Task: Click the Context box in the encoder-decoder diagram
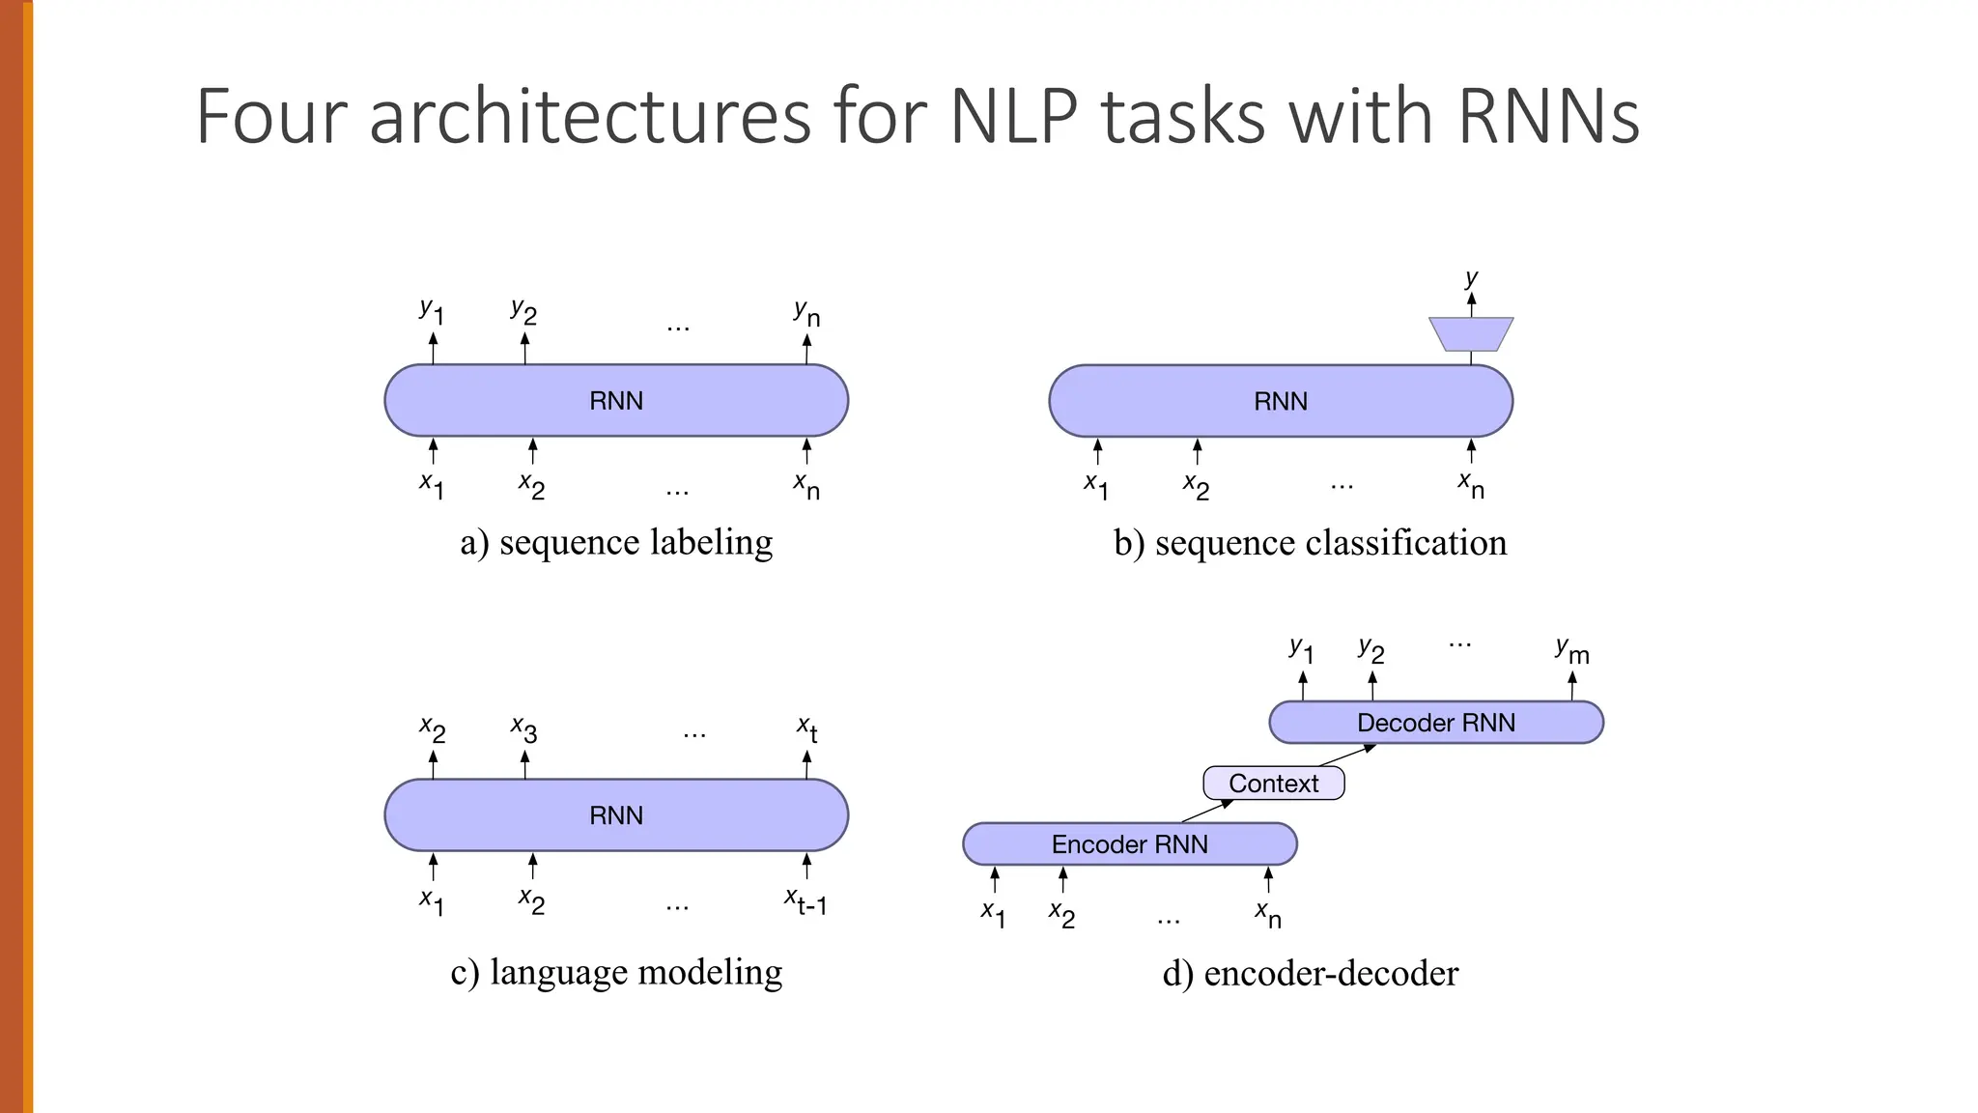[x=1273, y=783]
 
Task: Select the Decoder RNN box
[x=1435, y=723]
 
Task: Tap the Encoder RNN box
[x=1129, y=844]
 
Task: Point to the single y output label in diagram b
[x=1471, y=278]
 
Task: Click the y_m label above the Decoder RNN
[x=1571, y=651]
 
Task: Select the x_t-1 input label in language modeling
[x=805, y=901]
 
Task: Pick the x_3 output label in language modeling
[x=523, y=729]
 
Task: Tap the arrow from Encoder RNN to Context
[x=1207, y=811]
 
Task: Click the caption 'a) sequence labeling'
[x=616, y=543]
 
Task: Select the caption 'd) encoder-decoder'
[x=1310, y=973]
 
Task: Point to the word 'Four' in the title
[x=270, y=117]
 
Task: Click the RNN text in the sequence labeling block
[x=616, y=401]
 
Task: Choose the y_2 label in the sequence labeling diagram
[x=523, y=311]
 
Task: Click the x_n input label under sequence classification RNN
[x=1471, y=485]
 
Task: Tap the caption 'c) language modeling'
[x=616, y=972]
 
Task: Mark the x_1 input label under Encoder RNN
[x=993, y=913]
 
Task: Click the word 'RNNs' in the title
[x=1548, y=117]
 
